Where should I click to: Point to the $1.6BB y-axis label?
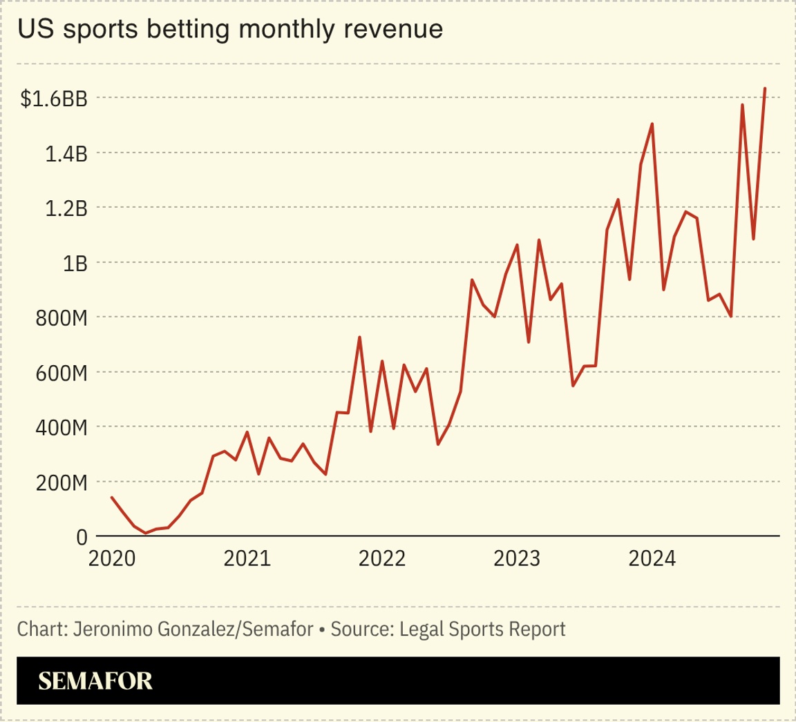54,99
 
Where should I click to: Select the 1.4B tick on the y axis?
66,154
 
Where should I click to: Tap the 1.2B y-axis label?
66,208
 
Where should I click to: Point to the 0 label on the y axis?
82,537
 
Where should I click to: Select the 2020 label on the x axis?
111,558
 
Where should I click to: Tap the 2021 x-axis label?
247,558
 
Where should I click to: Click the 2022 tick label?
383,558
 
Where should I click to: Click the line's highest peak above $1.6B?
765,88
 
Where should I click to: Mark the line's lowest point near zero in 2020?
145,533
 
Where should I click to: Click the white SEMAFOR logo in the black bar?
95,681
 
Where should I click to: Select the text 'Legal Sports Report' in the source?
482,630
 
